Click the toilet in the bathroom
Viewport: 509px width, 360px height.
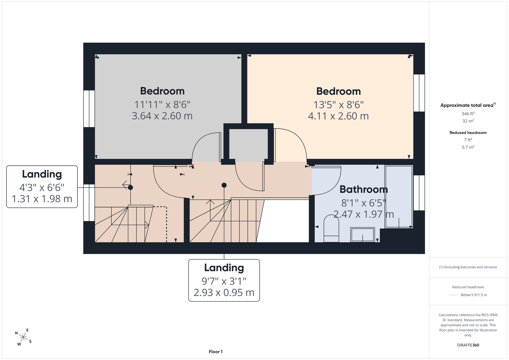coord(331,228)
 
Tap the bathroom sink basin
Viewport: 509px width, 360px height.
coord(362,235)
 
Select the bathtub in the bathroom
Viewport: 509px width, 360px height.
coord(399,197)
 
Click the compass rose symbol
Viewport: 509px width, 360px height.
coord(23,337)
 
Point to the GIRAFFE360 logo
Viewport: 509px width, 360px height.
coord(468,345)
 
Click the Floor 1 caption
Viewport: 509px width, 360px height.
coord(216,352)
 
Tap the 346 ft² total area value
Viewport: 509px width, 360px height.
coord(468,113)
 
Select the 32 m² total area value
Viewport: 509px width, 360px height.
coord(468,121)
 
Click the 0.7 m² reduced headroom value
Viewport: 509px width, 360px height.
coord(468,147)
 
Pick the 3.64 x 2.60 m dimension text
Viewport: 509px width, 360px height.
coord(162,116)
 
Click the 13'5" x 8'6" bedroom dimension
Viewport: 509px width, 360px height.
coord(339,105)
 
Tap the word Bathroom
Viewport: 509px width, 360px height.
coord(363,189)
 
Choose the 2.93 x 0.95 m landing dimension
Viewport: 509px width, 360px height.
coord(224,292)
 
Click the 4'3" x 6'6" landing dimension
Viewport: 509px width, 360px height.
coord(42,188)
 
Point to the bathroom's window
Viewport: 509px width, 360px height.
coord(419,193)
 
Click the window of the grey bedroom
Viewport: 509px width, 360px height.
coord(89,109)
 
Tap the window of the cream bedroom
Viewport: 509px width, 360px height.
coord(419,93)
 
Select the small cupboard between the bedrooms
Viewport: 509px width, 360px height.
coord(248,144)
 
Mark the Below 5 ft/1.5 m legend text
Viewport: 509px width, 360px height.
coord(474,295)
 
